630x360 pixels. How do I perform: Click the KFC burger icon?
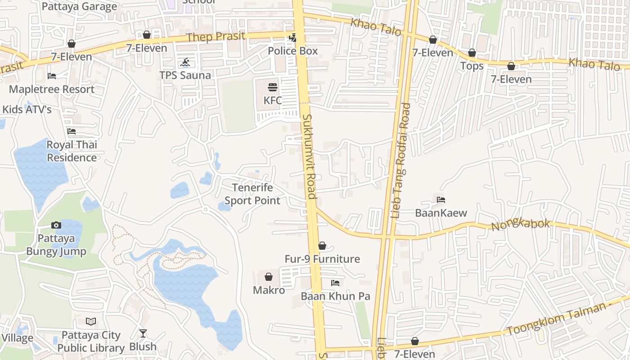click(x=273, y=87)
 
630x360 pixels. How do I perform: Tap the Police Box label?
click(x=292, y=51)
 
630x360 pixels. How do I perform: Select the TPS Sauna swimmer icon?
click(x=185, y=63)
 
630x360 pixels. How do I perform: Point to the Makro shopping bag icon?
click(x=269, y=277)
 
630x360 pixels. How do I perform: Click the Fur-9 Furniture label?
click(x=322, y=259)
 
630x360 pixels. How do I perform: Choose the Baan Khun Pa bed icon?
click(x=335, y=283)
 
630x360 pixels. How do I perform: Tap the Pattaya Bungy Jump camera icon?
click(x=56, y=225)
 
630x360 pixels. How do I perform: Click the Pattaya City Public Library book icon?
click(x=91, y=322)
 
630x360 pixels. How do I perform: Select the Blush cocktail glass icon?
click(x=143, y=333)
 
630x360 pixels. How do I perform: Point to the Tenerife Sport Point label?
click(x=252, y=194)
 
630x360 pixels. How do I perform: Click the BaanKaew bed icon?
click(x=441, y=200)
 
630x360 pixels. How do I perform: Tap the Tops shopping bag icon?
click(x=472, y=53)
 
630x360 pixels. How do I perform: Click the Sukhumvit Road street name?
click(x=309, y=156)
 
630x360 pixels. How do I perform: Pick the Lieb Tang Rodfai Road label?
click(x=401, y=161)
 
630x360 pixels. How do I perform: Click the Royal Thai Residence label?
click(x=72, y=151)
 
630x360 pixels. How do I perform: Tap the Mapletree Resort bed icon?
click(x=52, y=76)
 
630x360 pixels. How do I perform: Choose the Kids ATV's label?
click(x=27, y=109)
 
